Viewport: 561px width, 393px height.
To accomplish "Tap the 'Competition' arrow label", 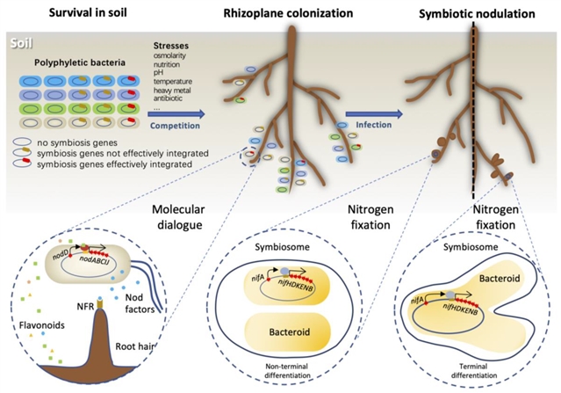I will click(183, 126).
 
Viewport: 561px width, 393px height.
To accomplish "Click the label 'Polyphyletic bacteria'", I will click(73, 65).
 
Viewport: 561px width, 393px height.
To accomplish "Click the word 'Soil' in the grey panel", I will click(20, 42).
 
